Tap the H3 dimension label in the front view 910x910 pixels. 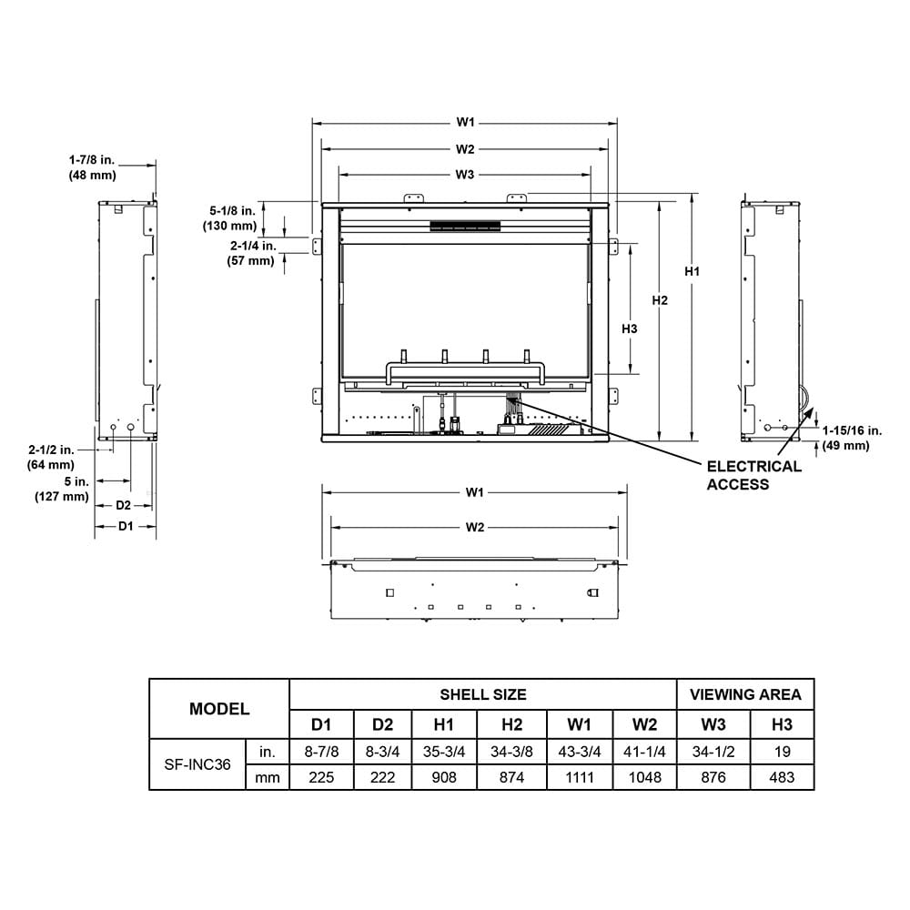629,329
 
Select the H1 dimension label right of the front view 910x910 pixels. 693,271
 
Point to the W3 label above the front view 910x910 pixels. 465,174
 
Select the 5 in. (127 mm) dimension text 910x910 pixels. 62,489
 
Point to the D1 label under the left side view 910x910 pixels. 126,526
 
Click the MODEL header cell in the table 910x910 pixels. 218,709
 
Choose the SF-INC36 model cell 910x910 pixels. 197,764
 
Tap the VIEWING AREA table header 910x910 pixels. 745,694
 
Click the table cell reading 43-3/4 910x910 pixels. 579,752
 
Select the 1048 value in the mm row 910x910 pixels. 644,777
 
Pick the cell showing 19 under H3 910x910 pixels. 782,752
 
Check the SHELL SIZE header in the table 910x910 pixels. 482,694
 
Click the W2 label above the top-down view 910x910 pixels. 474,527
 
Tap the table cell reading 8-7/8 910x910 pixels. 321,752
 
